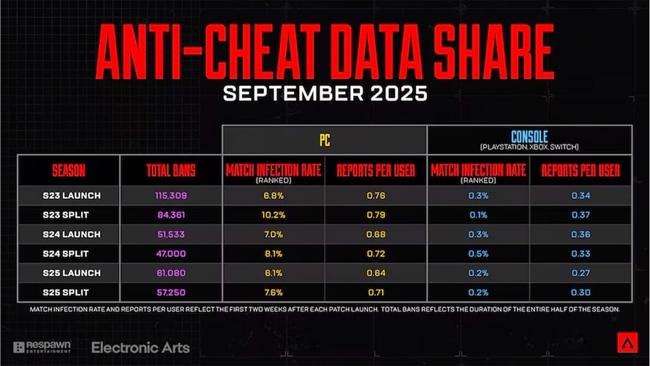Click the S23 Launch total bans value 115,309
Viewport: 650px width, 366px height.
tap(171, 195)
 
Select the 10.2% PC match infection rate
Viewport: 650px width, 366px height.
tap(273, 215)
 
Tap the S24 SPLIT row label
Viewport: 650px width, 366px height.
tap(65, 253)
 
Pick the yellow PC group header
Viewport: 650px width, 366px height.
tap(325, 140)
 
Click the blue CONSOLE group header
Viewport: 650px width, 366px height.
tap(529, 136)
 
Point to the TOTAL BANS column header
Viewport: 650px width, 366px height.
tap(171, 171)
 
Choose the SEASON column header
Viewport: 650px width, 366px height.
tap(69, 171)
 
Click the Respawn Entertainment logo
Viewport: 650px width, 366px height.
tap(42, 347)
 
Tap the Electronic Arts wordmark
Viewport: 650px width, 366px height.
tap(141, 348)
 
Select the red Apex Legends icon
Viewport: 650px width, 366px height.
tap(628, 342)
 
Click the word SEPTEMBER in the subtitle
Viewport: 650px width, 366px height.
tap(293, 93)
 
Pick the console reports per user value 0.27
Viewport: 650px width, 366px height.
tap(580, 273)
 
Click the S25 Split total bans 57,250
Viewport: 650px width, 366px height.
tap(171, 293)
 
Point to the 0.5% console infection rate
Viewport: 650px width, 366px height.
tap(478, 253)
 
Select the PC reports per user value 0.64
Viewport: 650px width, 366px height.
tap(376, 273)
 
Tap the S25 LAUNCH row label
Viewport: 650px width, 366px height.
tap(72, 273)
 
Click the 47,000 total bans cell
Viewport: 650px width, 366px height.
tap(171, 253)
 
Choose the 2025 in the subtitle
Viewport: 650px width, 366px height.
tap(398, 93)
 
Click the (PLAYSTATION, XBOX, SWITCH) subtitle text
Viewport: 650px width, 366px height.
tap(529, 147)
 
